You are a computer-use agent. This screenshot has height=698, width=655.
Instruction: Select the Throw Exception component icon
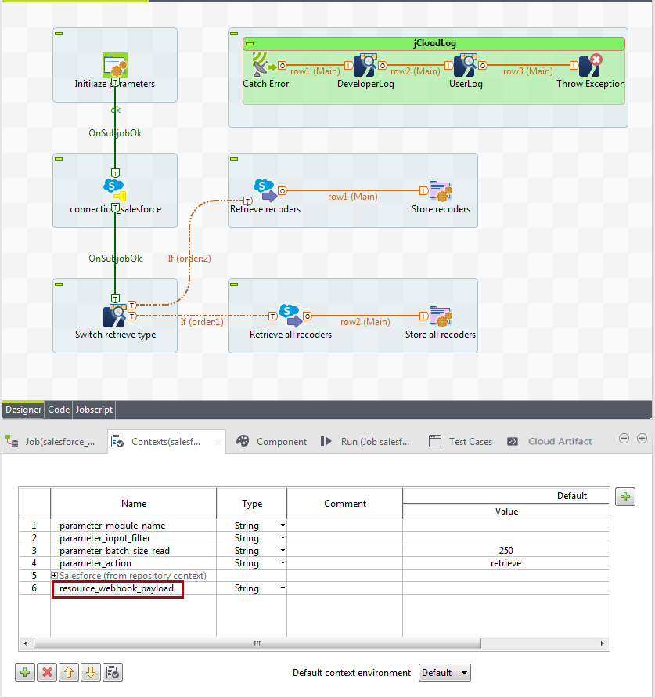(589, 65)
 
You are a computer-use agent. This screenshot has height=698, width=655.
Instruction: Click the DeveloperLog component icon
(365, 65)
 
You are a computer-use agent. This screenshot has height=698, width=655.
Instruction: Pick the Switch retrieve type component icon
(115, 316)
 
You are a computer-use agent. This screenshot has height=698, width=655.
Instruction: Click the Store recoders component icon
(441, 191)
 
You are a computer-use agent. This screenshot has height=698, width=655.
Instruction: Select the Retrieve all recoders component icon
(290, 316)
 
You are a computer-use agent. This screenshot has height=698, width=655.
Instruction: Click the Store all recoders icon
(441, 316)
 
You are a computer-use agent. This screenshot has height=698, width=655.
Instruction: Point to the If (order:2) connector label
(189, 258)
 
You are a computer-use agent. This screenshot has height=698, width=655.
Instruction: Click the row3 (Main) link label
(527, 71)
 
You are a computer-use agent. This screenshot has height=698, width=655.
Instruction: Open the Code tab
(59, 410)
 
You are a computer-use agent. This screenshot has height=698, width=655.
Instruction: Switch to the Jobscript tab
(94, 410)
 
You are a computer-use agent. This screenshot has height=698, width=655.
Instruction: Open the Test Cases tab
(470, 442)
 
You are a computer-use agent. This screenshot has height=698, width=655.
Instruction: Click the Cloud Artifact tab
(560, 442)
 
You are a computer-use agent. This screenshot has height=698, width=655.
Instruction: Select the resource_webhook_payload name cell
(117, 588)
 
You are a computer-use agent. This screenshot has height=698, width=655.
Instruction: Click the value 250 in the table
(506, 551)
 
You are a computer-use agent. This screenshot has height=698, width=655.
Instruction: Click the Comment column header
(345, 504)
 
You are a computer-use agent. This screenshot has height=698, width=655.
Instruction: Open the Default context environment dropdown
(444, 673)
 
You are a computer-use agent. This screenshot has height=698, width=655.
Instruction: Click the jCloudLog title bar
(434, 44)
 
